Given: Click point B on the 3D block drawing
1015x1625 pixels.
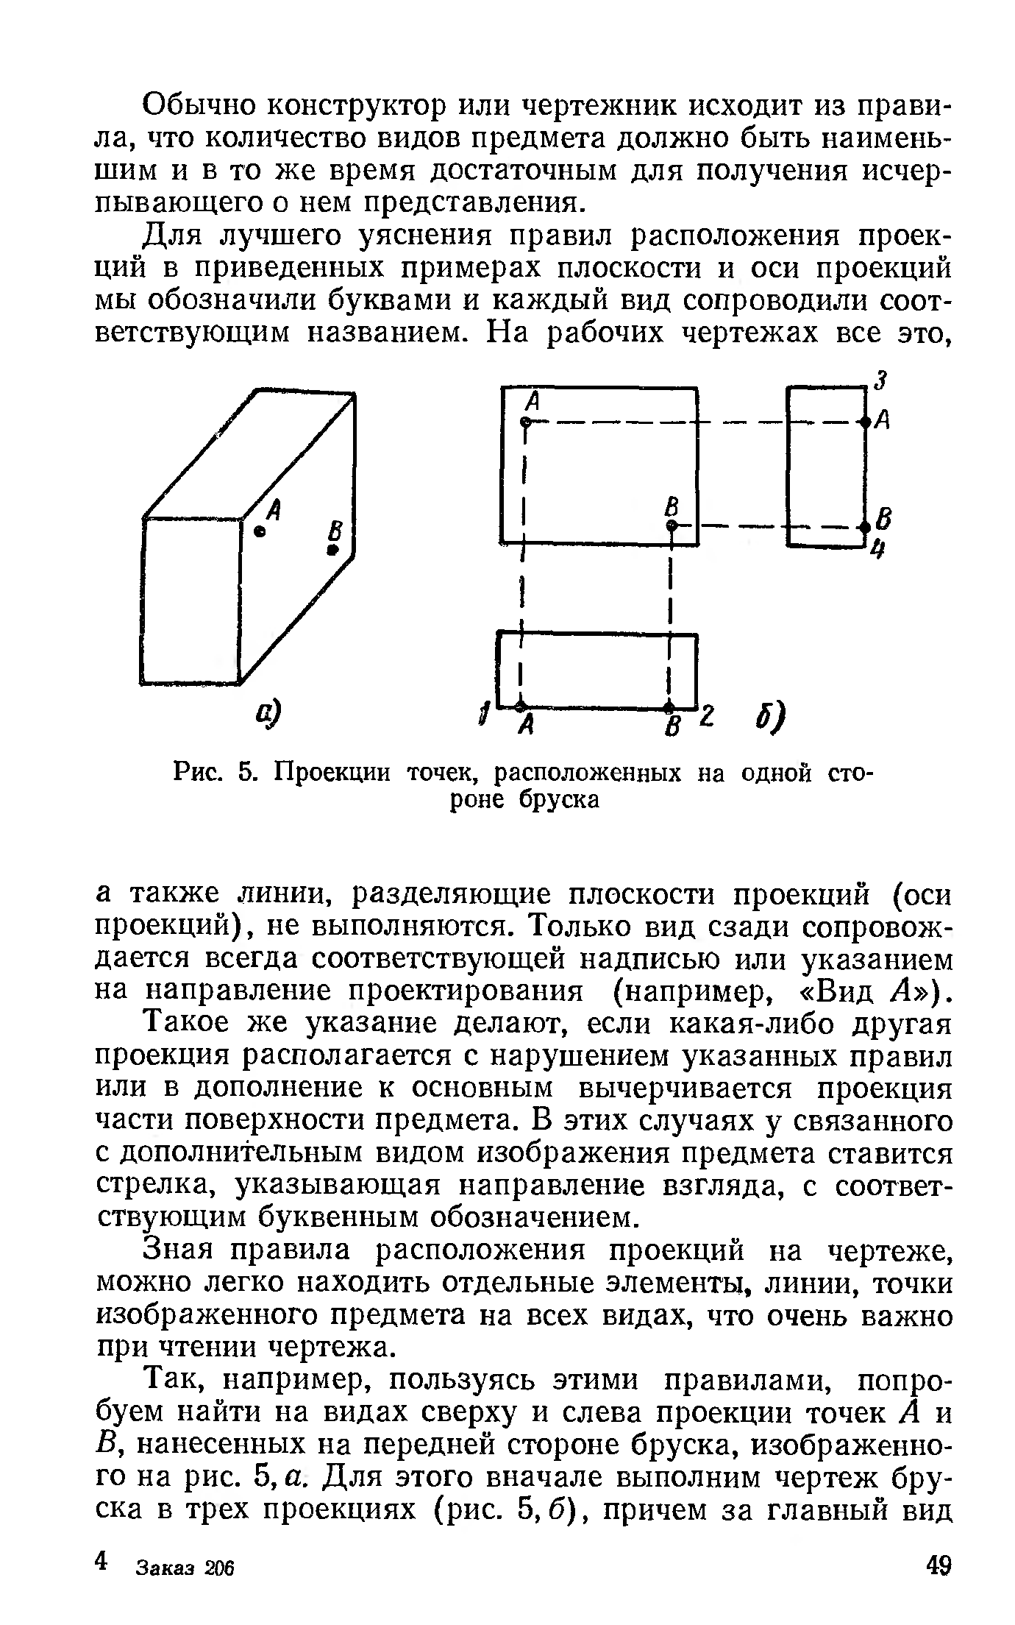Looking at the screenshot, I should pyautogui.click(x=333, y=549).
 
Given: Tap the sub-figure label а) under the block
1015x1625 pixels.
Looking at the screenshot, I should pyautogui.click(x=270, y=712).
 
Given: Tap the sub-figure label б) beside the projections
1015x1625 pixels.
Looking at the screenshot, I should pyautogui.click(x=769, y=715).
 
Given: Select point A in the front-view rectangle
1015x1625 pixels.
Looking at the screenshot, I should pyautogui.click(x=525, y=422).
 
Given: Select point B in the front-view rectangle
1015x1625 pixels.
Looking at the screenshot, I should pyautogui.click(x=672, y=525).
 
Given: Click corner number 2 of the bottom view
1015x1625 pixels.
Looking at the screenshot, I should pyautogui.click(x=707, y=714).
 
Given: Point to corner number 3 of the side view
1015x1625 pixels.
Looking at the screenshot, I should pyautogui.click(x=880, y=381).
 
